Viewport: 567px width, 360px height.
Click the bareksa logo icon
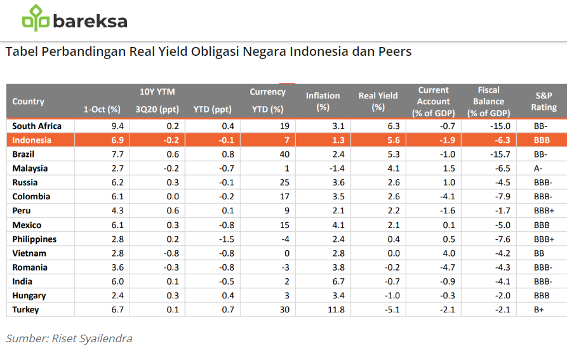pyautogui.click(x=36, y=18)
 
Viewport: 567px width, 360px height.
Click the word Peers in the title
pyautogui.click(x=392, y=51)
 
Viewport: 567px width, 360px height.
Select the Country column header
pyautogui.click(x=28, y=102)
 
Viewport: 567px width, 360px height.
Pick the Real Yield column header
pyautogui.click(x=378, y=102)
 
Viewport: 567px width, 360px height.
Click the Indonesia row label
pyautogui.click(x=32, y=140)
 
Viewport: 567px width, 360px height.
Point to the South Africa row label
pyautogui.click(x=36, y=126)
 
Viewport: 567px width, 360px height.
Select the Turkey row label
pyautogui.click(x=25, y=310)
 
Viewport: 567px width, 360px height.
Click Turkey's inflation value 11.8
pyautogui.click(x=335, y=310)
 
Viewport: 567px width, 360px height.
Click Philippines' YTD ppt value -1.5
pyautogui.click(x=225, y=239)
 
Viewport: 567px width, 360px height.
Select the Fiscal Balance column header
pyautogui.click(x=488, y=102)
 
